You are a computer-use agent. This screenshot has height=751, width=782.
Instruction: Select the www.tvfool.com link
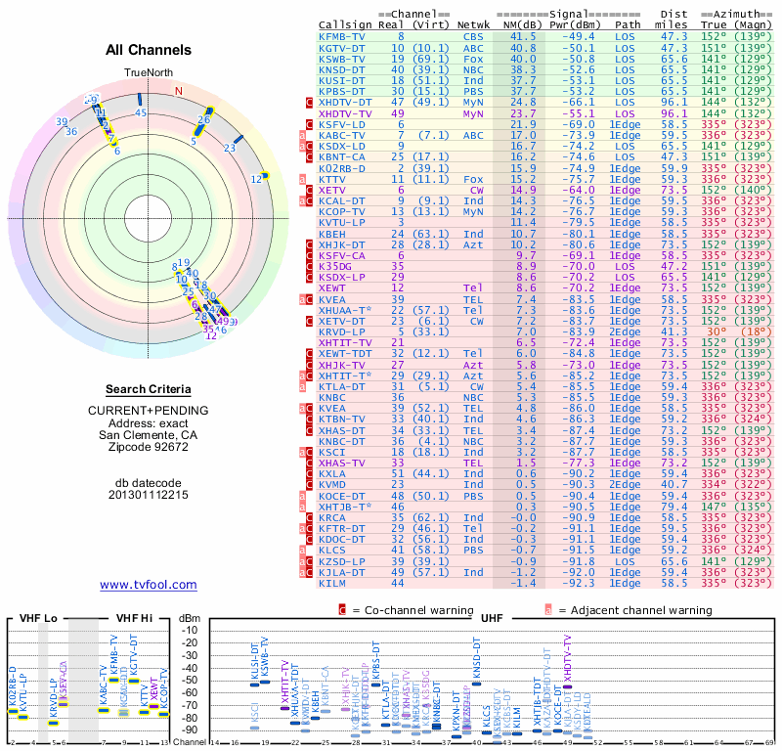tap(149, 585)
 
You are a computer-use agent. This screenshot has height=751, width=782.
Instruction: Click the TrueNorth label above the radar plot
tap(148, 73)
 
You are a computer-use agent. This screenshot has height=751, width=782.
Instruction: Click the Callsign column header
tap(345, 24)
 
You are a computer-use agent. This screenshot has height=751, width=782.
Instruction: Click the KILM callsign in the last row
tap(333, 583)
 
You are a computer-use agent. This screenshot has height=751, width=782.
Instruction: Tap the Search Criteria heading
tap(149, 388)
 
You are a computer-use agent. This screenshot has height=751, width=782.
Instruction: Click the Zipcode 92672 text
tap(149, 447)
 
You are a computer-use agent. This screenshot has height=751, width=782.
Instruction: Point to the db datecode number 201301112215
tap(149, 495)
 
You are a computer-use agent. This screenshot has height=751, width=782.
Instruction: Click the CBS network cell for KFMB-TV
tap(473, 36)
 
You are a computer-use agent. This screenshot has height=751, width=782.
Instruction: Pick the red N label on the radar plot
tap(178, 91)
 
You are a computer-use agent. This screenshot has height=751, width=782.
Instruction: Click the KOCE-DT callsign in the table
tap(341, 497)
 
